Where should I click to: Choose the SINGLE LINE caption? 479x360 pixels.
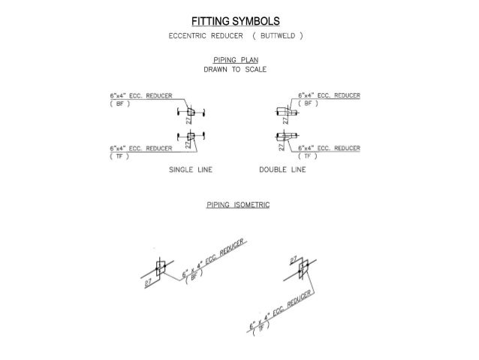tap(191, 170)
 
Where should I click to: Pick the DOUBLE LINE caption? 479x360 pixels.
tap(282, 170)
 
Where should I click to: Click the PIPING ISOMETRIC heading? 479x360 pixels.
tap(238, 204)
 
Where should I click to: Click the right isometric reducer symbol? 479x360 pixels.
tap(303, 266)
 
